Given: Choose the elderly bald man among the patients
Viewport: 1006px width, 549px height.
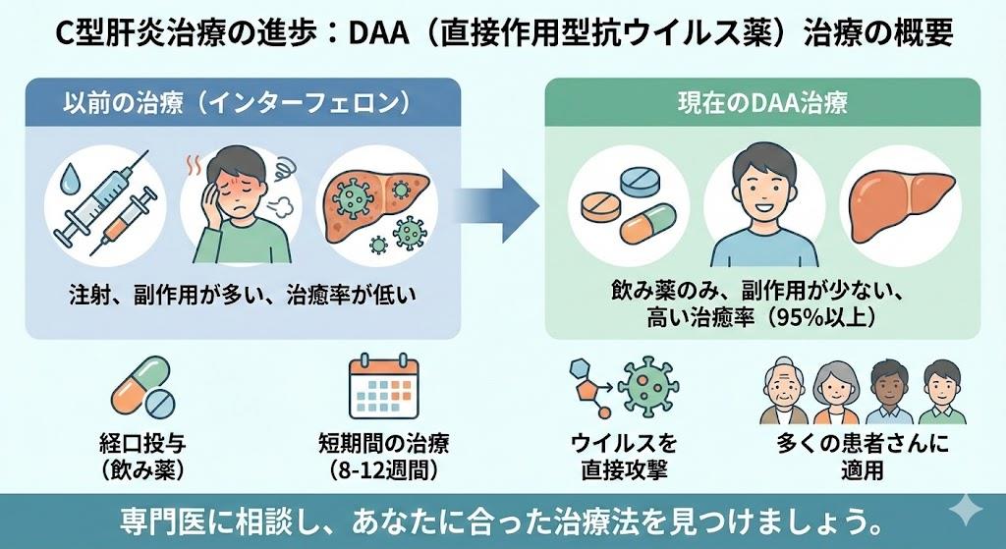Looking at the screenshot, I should click(786, 393).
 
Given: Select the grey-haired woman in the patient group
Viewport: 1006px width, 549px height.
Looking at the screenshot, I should click(836, 393).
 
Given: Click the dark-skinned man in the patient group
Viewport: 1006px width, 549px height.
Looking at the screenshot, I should click(888, 393).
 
